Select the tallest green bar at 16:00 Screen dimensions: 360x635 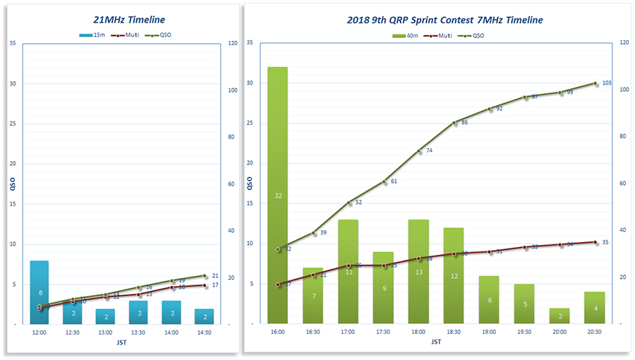pos(278,196)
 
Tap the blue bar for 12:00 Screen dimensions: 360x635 pos(40,292)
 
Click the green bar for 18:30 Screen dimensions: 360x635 pos(454,276)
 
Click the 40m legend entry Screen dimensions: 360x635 pos(412,35)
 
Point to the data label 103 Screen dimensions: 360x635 pos(607,83)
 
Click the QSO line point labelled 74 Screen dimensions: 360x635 pos(419,150)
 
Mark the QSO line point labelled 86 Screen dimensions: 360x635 pos(454,122)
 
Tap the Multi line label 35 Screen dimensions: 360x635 pos(605,242)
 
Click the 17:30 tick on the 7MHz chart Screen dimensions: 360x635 pos(384,330)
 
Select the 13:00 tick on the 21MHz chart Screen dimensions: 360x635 pos(105,330)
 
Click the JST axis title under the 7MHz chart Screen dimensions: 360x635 pos(436,342)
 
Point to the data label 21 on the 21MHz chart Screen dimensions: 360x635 pos(215,275)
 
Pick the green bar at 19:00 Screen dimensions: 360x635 pos(490,300)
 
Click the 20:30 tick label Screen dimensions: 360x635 pos(595,330)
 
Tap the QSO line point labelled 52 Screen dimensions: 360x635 pos(349,203)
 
